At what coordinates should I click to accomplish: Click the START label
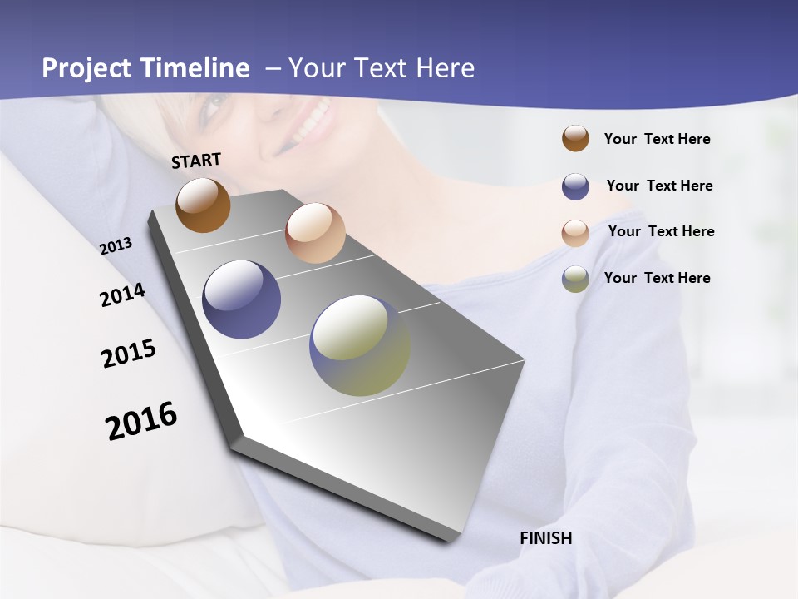[196, 161]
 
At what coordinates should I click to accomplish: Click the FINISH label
[545, 538]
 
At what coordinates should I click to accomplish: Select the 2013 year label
[116, 245]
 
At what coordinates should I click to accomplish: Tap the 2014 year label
[122, 295]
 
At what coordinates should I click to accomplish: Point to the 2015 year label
[129, 353]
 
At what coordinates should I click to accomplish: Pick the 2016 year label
[141, 420]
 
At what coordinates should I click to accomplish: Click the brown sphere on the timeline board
[203, 205]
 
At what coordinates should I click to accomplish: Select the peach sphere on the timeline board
[315, 233]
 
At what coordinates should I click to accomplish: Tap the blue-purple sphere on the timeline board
[242, 299]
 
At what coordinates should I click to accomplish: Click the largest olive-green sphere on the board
[360, 345]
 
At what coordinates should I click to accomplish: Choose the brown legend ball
[575, 138]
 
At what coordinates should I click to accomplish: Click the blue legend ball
[575, 186]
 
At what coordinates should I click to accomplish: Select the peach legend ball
[575, 233]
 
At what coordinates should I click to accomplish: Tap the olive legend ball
[575, 279]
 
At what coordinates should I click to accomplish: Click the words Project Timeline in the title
[145, 68]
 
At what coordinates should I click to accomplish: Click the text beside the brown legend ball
[657, 139]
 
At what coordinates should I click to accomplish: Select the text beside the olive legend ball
[657, 278]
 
